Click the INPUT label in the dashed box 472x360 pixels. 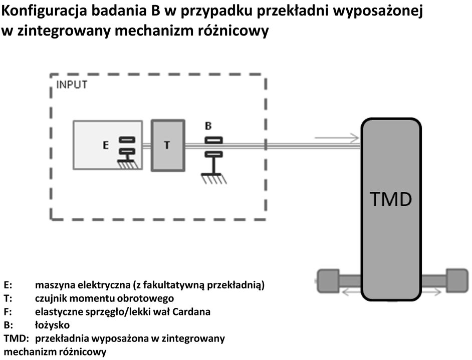72,85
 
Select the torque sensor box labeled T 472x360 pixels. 168,146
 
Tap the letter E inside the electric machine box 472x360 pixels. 105,145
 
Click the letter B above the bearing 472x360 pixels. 208,126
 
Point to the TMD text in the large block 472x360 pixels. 391,199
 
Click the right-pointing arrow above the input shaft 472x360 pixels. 337,138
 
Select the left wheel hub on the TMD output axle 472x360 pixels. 328,280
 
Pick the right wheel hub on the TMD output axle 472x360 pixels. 457,280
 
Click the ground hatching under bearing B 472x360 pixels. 214,179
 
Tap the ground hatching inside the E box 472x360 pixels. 128,164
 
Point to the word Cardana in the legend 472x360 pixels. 191,311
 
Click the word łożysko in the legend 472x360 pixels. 53,325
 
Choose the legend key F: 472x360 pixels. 8,311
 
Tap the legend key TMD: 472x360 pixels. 16,338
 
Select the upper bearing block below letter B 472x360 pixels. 214,140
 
